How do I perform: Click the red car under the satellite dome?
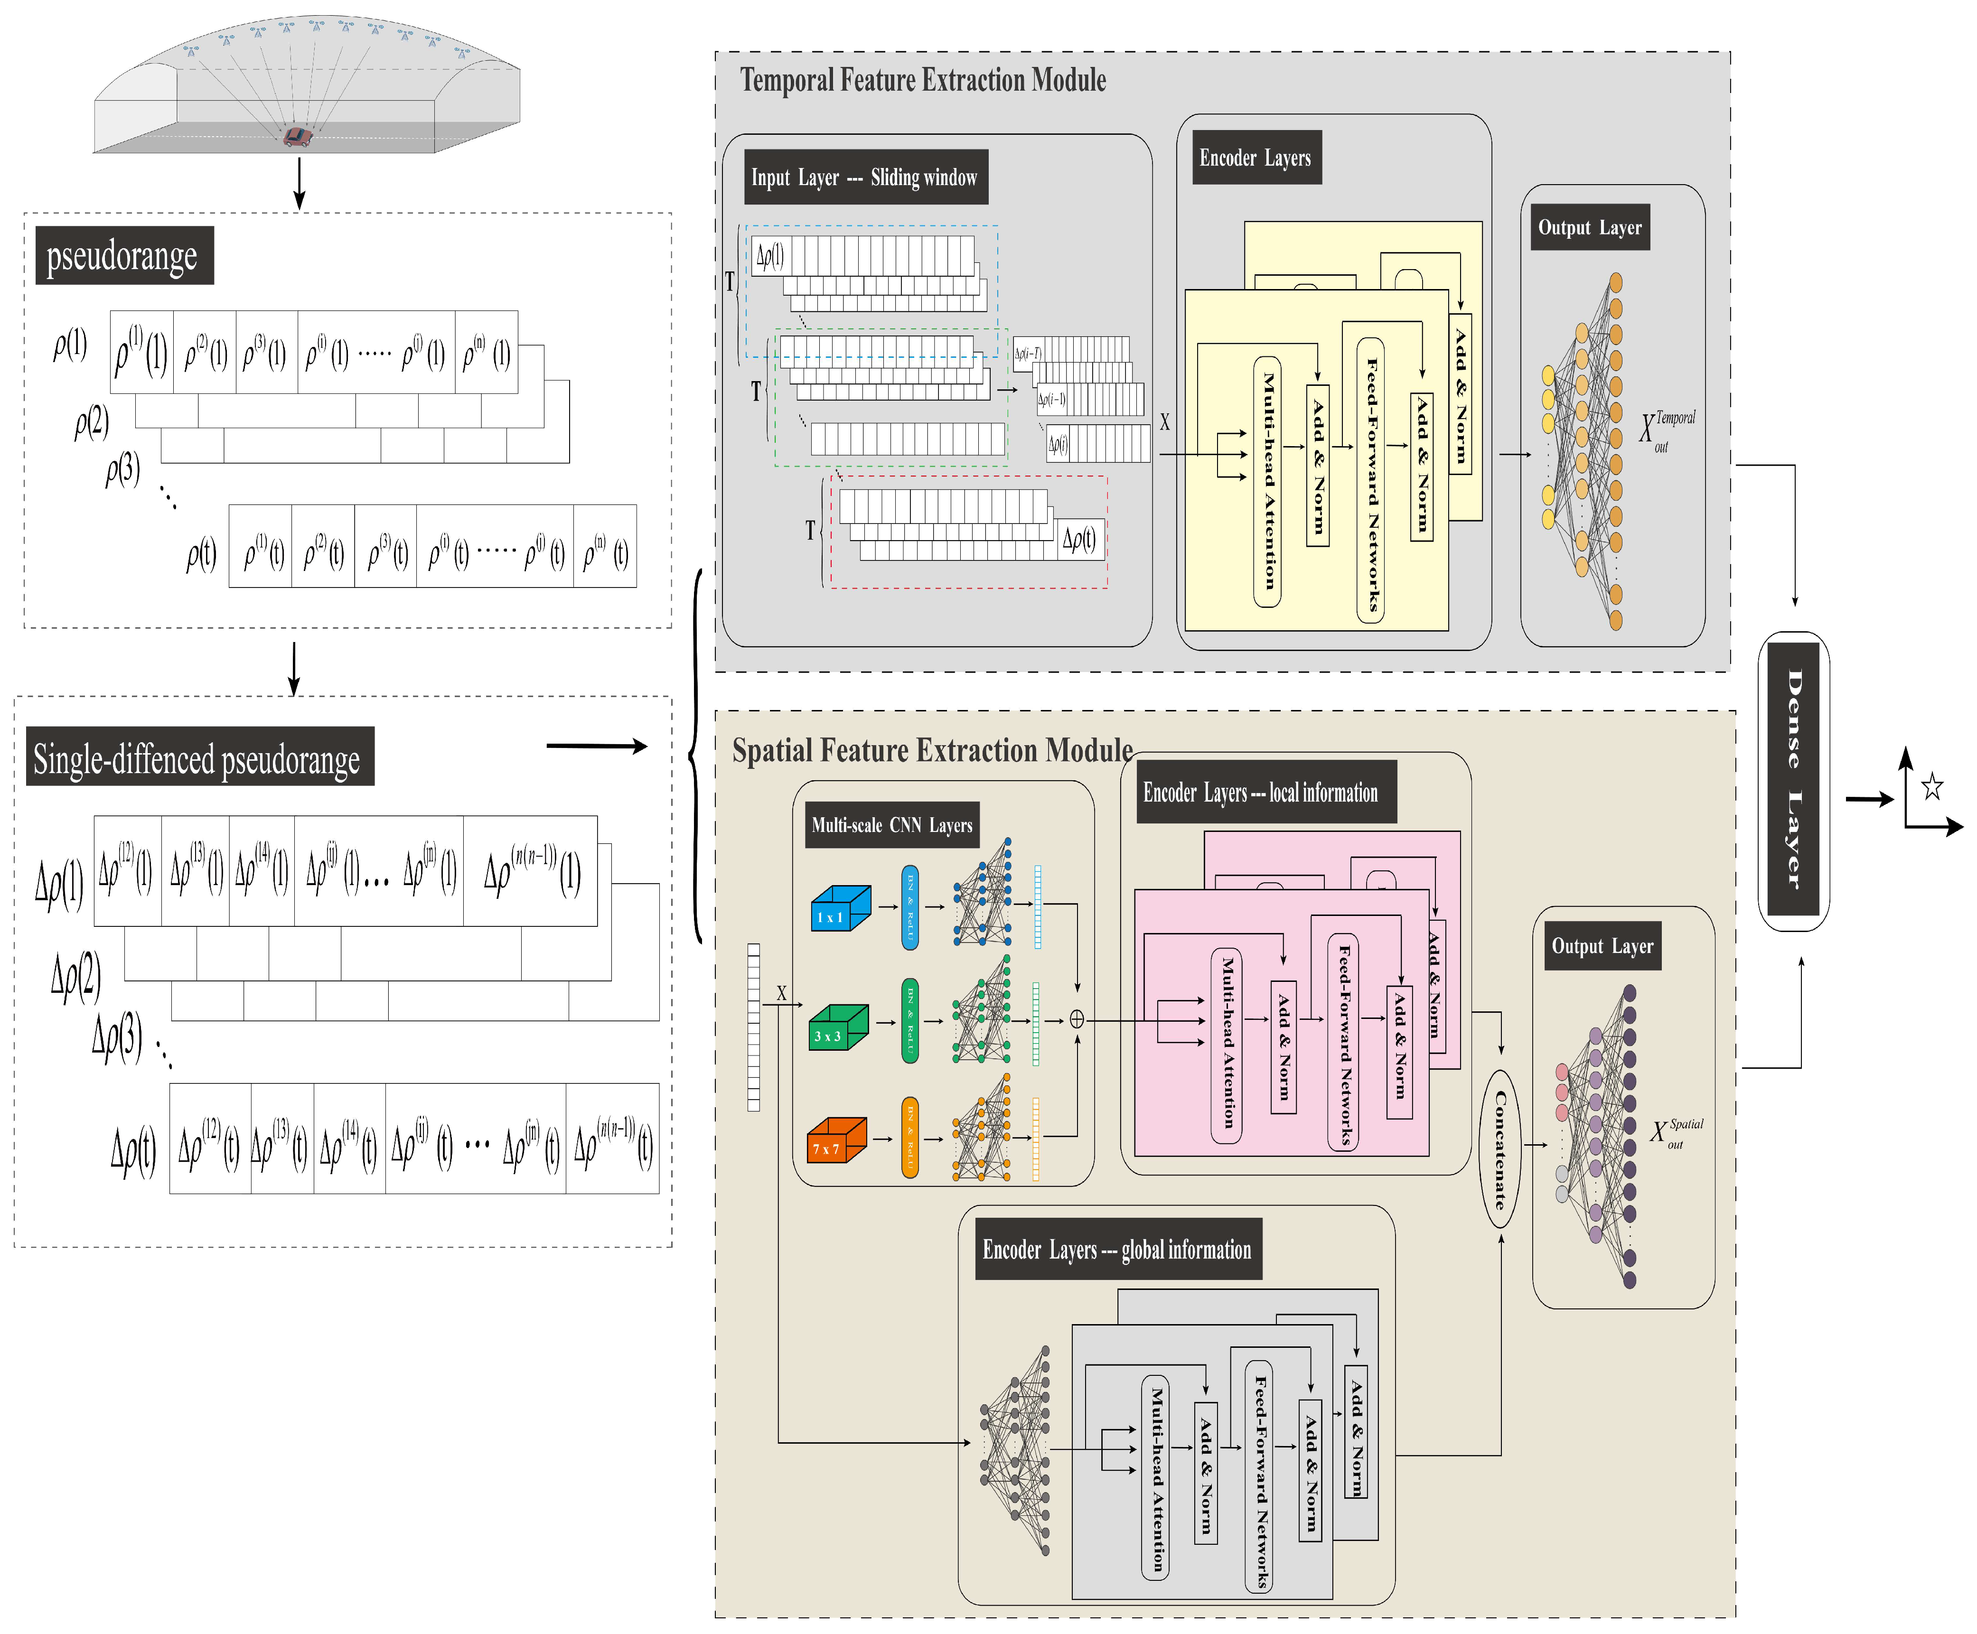point(298,138)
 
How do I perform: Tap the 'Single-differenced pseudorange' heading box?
point(199,757)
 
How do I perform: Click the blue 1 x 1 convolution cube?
point(840,909)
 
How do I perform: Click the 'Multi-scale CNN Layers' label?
point(891,825)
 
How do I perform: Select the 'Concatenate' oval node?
point(1500,1148)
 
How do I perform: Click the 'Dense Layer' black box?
point(1793,779)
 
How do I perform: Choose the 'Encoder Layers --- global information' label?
point(1117,1250)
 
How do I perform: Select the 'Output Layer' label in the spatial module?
point(1602,947)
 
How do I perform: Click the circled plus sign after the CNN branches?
point(1077,1019)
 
